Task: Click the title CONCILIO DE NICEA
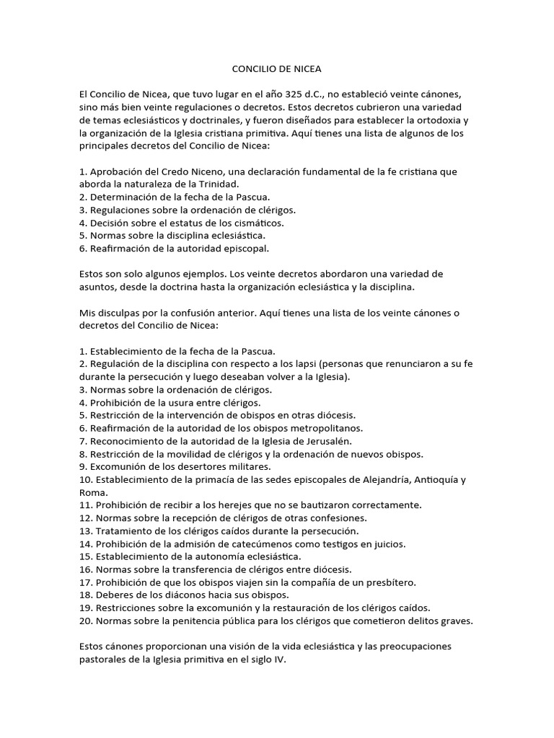click(x=276, y=69)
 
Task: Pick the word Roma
click(x=93, y=493)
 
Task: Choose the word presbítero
click(x=392, y=582)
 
